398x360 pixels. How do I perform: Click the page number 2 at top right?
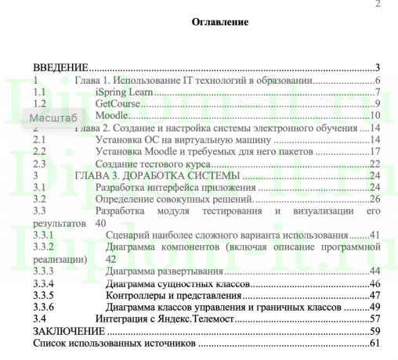(x=378, y=5)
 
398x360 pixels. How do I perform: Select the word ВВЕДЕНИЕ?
(x=60, y=68)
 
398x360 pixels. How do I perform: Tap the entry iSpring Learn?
(x=122, y=92)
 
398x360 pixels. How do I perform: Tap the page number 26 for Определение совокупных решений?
(x=373, y=199)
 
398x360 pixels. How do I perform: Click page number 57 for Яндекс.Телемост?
(x=373, y=319)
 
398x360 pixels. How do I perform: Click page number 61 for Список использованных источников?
(x=373, y=344)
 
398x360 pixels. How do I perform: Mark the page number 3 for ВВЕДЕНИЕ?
(x=377, y=68)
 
